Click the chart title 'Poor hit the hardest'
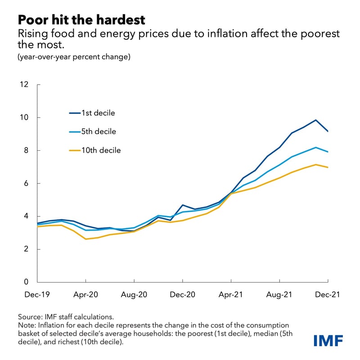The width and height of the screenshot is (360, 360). point(82,19)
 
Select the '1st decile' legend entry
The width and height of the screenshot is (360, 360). point(98,113)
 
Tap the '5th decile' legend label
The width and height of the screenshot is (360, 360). point(98,132)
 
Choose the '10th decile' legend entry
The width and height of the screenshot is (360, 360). point(100,150)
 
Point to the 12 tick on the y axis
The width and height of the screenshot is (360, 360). point(24,85)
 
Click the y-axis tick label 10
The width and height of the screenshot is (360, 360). point(24,117)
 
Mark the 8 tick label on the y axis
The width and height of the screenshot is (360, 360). point(26,150)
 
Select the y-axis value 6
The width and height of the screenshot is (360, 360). point(26,183)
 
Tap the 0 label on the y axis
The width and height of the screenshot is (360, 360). point(26,282)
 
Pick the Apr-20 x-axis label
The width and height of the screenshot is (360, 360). point(85,295)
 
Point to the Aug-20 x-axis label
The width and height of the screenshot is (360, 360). point(134,295)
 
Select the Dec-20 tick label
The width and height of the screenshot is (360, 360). point(182,295)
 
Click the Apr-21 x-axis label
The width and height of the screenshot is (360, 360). point(231,295)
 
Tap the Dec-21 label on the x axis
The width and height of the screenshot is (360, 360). point(327,295)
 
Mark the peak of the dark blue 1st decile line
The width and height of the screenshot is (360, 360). point(315,120)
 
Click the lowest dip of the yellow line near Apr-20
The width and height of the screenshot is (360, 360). point(86,239)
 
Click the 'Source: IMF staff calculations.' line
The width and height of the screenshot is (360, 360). point(67,317)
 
